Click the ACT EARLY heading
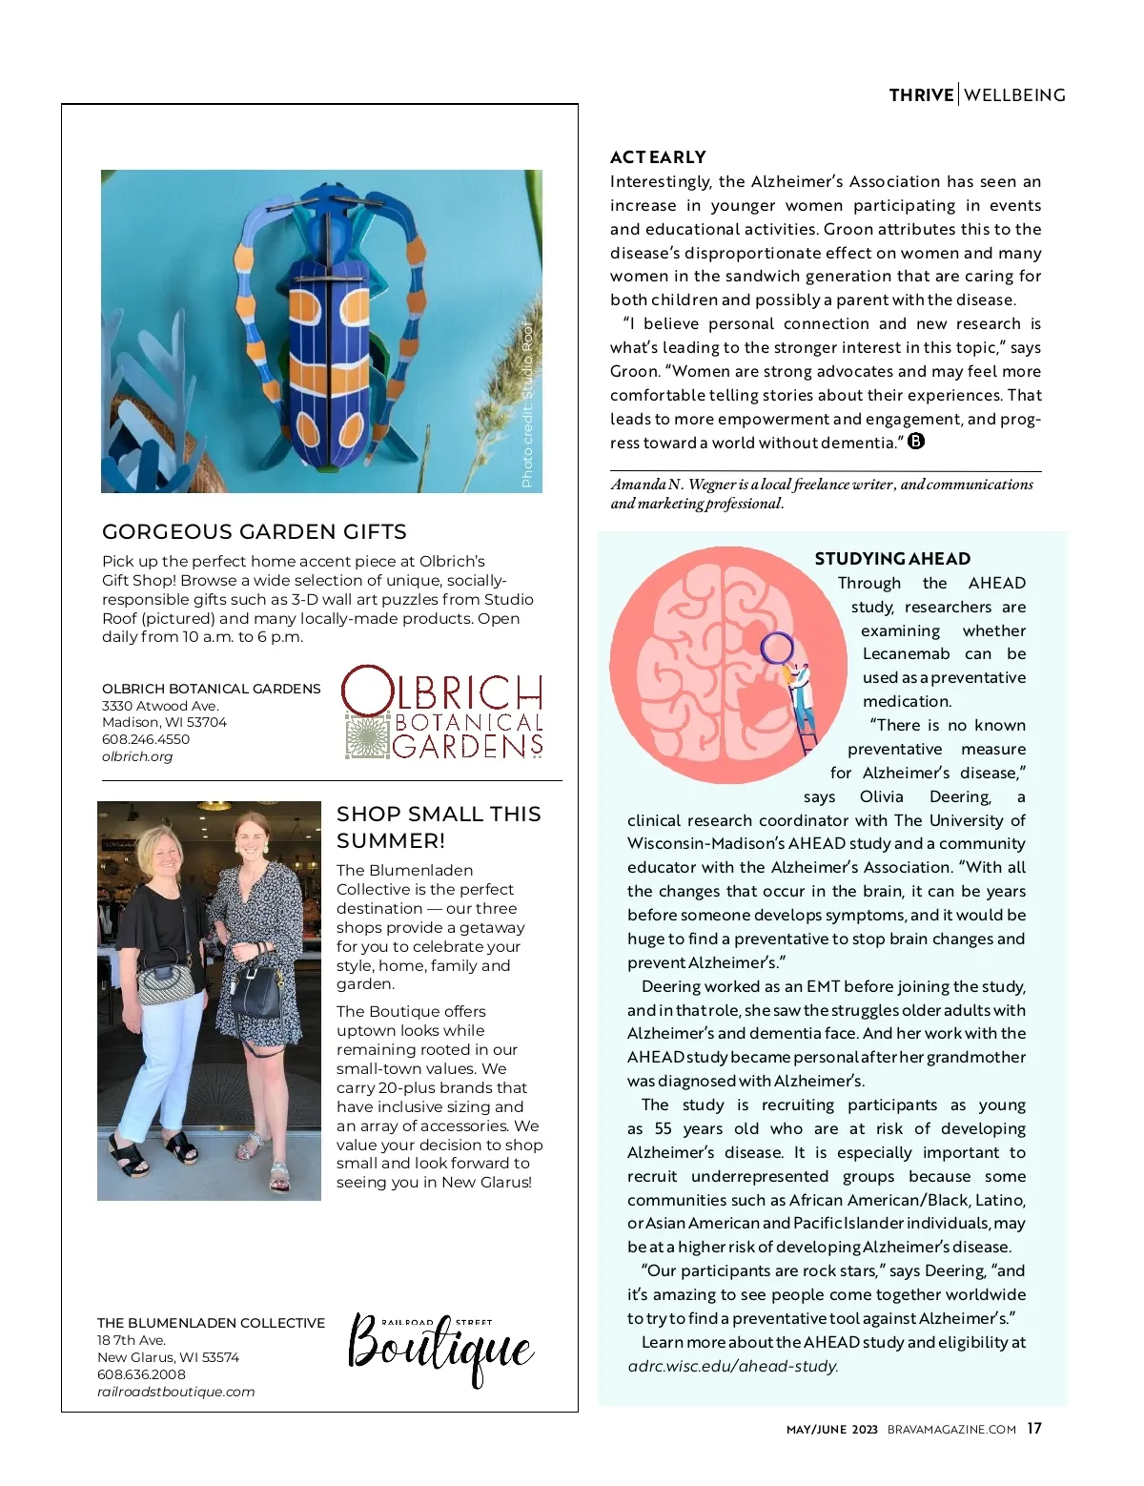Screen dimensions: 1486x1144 [x=658, y=157]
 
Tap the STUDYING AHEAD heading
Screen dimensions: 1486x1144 [x=892, y=559]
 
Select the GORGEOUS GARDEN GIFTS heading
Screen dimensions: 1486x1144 [x=255, y=532]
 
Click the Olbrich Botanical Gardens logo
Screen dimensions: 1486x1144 [x=442, y=712]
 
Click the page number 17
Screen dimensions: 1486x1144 [x=1034, y=1429]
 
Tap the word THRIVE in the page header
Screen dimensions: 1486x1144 [x=921, y=95]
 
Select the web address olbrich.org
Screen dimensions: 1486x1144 [x=137, y=756]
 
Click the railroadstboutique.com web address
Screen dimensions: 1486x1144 [x=175, y=1392]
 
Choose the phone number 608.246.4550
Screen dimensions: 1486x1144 [x=146, y=739]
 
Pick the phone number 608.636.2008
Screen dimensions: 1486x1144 [x=141, y=1374]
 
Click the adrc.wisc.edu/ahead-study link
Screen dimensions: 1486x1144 [x=732, y=1366]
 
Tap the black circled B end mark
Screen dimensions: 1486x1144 [x=916, y=442]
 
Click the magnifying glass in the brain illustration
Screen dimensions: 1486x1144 [x=776, y=649]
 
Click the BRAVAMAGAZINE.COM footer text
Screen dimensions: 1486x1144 [x=951, y=1430]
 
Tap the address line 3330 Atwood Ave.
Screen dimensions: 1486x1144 [x=160, y=706]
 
